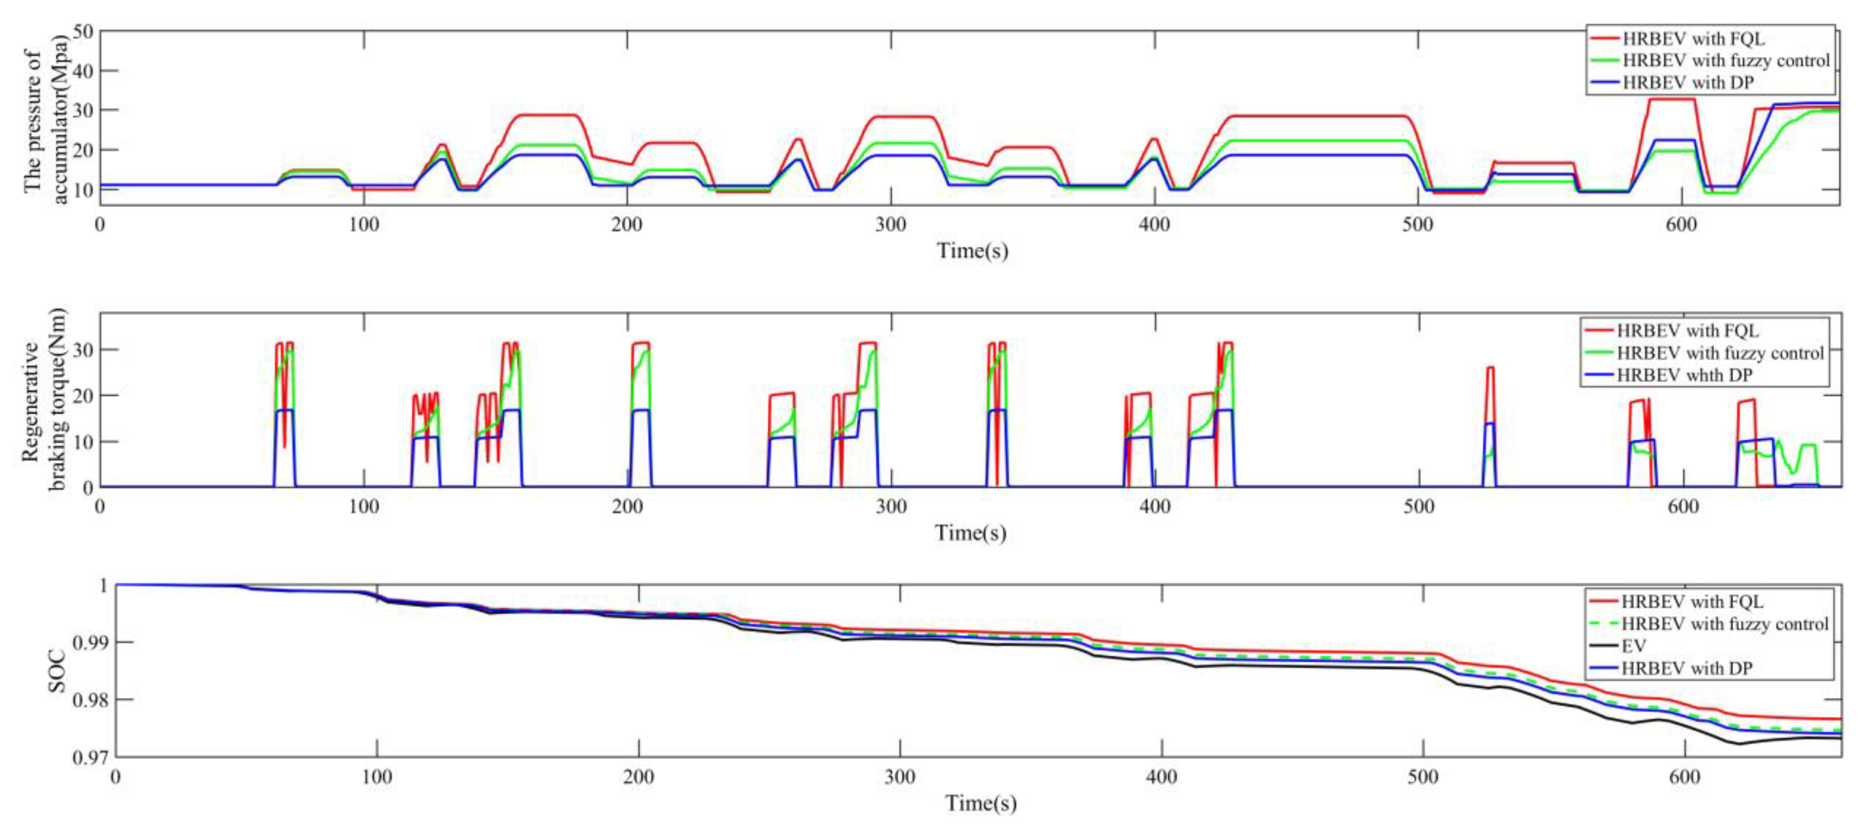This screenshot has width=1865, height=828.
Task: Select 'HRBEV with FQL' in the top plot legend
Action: [1693, 38]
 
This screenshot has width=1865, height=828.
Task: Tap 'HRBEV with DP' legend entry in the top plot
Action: [1688, 83]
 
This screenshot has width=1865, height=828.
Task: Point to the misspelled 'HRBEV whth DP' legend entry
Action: [1684, 375]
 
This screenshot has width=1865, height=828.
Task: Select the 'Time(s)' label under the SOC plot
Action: [980, 803]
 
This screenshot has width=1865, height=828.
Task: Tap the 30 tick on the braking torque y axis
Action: [85, 350]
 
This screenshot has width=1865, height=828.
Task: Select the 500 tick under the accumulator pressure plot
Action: [1418, 225]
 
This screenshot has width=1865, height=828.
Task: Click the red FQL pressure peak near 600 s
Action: [1672, 99]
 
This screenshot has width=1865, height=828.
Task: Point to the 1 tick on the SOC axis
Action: [103, 585]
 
